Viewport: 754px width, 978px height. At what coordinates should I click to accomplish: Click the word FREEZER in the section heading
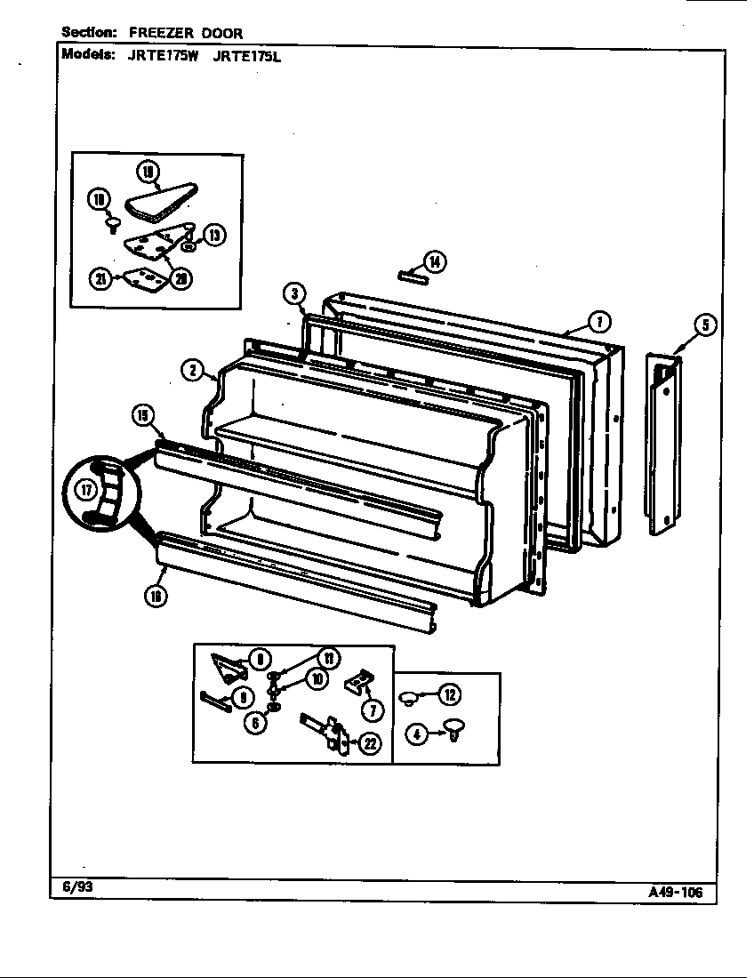point(157,33)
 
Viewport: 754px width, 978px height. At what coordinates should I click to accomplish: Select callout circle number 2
point(193,371)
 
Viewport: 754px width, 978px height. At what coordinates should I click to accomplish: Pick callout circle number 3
point(294,293)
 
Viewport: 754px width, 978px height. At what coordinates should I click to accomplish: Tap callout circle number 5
point(704,325)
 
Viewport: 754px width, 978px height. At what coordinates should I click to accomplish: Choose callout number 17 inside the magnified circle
point(86,489)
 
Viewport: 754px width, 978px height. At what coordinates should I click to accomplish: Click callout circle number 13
point(215,235)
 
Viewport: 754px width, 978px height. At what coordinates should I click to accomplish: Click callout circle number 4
point(415,733)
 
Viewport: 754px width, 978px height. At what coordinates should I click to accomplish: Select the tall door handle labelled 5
point(663,445)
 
